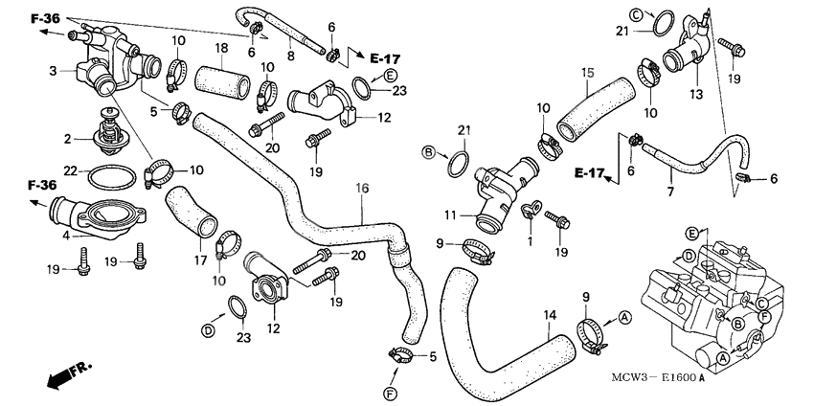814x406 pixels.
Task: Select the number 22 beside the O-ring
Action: coord(71,170)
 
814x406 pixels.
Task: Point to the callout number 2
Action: coord(67,139)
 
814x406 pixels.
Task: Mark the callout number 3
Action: coord(54,71)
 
